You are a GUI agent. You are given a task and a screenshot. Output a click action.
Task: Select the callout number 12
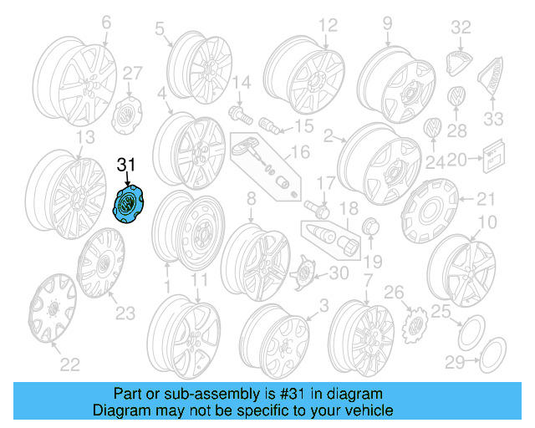(327, 24)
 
